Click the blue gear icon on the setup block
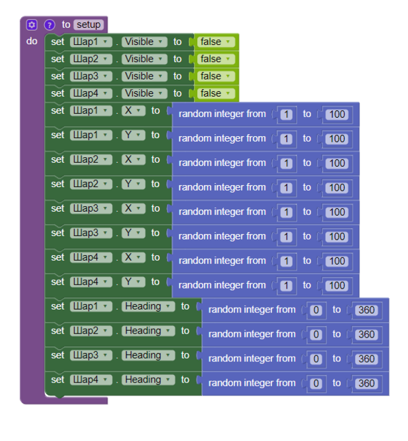point(31,24)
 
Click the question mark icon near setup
point(49,24)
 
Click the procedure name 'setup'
point(88,24)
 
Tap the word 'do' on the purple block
point(32,42)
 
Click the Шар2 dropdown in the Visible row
point(91,59)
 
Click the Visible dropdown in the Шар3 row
point(144,76)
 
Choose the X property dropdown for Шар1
point(133,110)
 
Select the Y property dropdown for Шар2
point(133,184)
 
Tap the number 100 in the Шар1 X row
point(336,114)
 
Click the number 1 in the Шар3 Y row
point(286,236)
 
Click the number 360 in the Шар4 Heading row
point(366,383)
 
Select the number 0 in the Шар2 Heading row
point(316,334)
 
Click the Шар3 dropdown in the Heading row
point(91,355)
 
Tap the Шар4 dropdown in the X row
point(91,257)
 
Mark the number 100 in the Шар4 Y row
point(336,285)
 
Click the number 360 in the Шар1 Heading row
point(366,310)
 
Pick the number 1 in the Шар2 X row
point(286,163)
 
